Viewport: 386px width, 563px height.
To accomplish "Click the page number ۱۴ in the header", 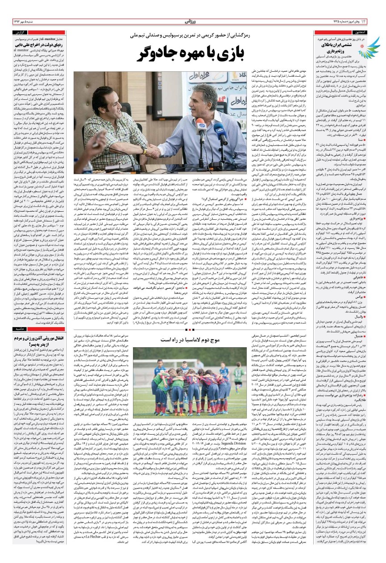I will (375, 21).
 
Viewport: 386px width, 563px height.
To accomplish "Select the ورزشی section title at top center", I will (193, 21).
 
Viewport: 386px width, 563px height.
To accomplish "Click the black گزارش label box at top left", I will (21, 33).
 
